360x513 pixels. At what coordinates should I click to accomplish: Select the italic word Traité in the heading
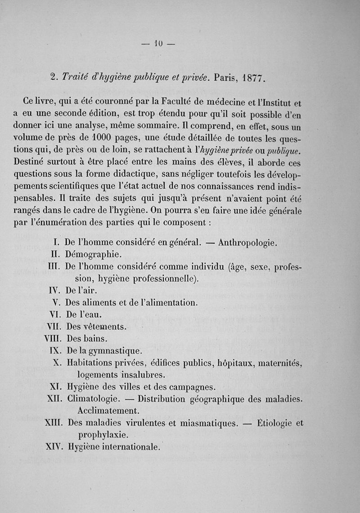click(77, 77)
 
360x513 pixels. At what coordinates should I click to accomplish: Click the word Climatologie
click(93, 399)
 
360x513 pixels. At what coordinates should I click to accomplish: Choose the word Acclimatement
click(108, 410)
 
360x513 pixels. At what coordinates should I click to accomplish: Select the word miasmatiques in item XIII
click(198, 423)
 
